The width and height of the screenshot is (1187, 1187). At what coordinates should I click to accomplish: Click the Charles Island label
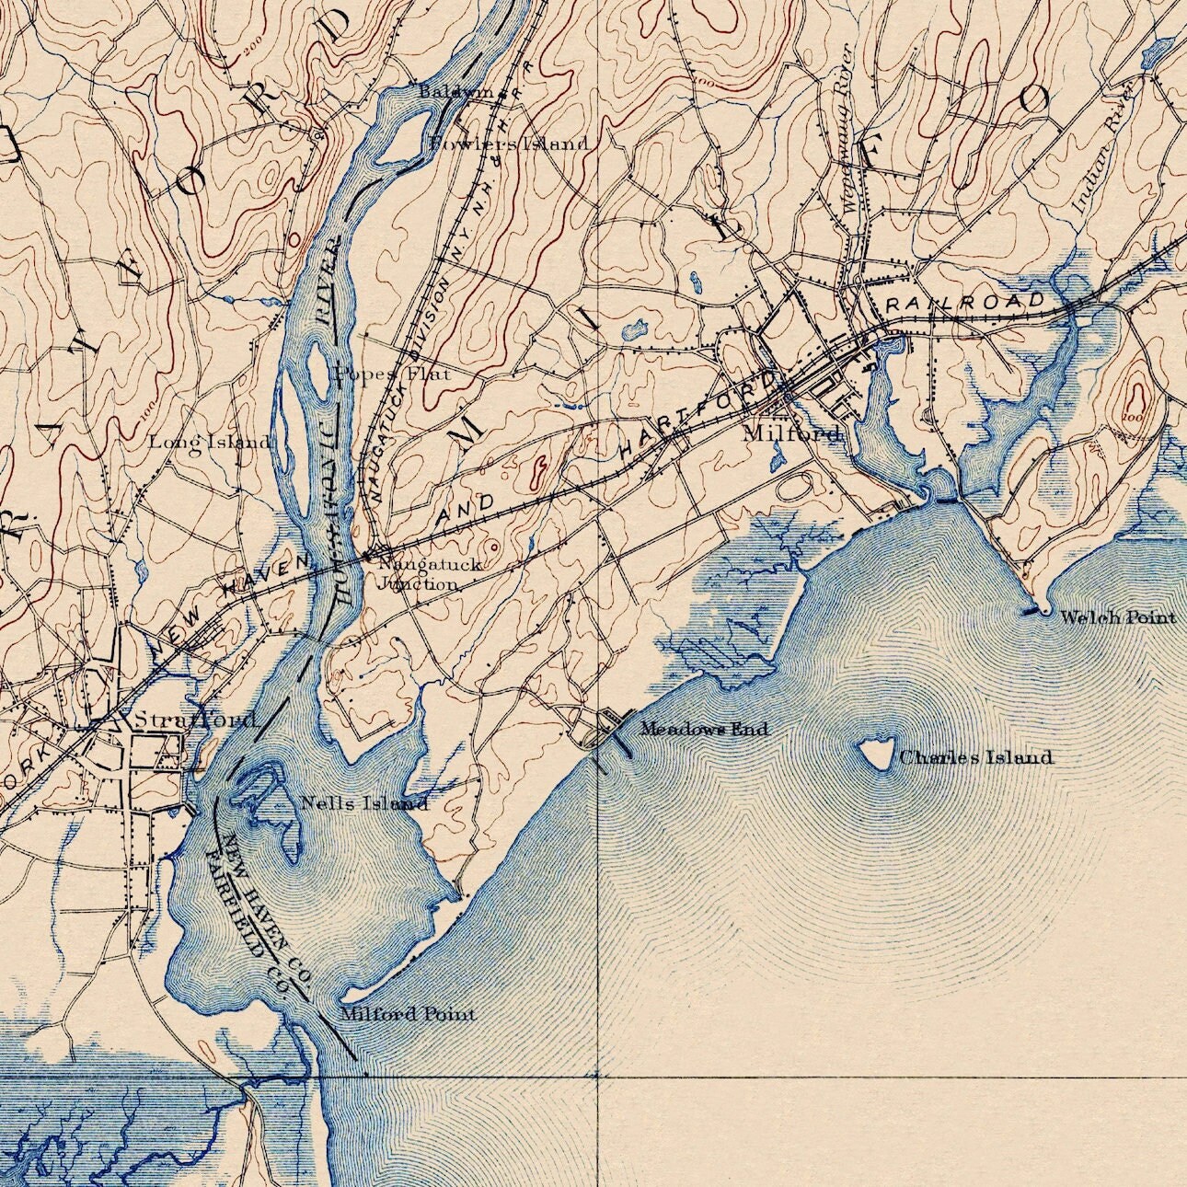[x=975, y=757]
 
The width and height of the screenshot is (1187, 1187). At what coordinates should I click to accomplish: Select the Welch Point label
[x=1117, y=617]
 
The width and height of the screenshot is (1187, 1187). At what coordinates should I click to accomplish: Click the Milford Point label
[x=408, y=1014]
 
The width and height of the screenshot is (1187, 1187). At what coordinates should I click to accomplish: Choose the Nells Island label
[x=364, y=803]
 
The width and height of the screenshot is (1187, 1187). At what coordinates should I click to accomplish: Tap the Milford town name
[x=792, y=432]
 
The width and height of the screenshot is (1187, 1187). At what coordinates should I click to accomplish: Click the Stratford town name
[x=194, y=719]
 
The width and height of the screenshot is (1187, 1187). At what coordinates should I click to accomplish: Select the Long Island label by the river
[x=211, y=442]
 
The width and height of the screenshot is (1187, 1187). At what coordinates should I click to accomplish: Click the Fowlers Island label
[x=509, y=144]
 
